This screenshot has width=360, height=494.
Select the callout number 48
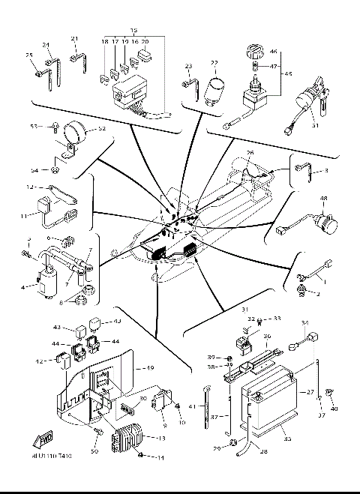(x=324, y=199)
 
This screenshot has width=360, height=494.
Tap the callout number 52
(x=102, y=129)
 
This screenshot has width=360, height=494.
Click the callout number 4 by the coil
(x=23, y=286)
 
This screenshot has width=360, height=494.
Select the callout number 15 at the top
(x=134, y=31)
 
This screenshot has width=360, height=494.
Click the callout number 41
(x=191, y=405)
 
